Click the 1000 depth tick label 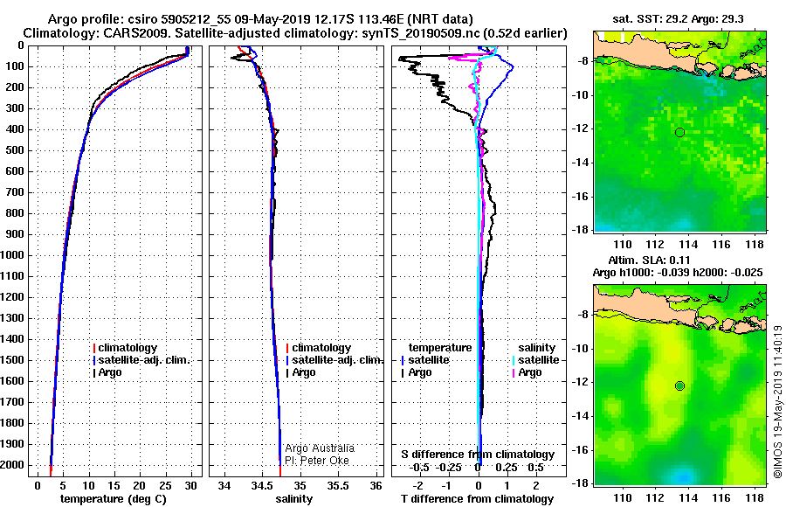click(x=13, y=255)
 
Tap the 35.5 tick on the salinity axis click(x=338, y=484)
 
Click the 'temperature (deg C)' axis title click(x=114, y=499)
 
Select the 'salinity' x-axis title click(x=294, y=499)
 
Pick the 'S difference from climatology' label click(x=478, y=455)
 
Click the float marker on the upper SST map click(x=679, y=132)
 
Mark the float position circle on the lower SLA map click(x=679, y=385)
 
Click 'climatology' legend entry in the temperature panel click(x=128, y=348)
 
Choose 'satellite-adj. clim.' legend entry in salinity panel click(x=336, y=360)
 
